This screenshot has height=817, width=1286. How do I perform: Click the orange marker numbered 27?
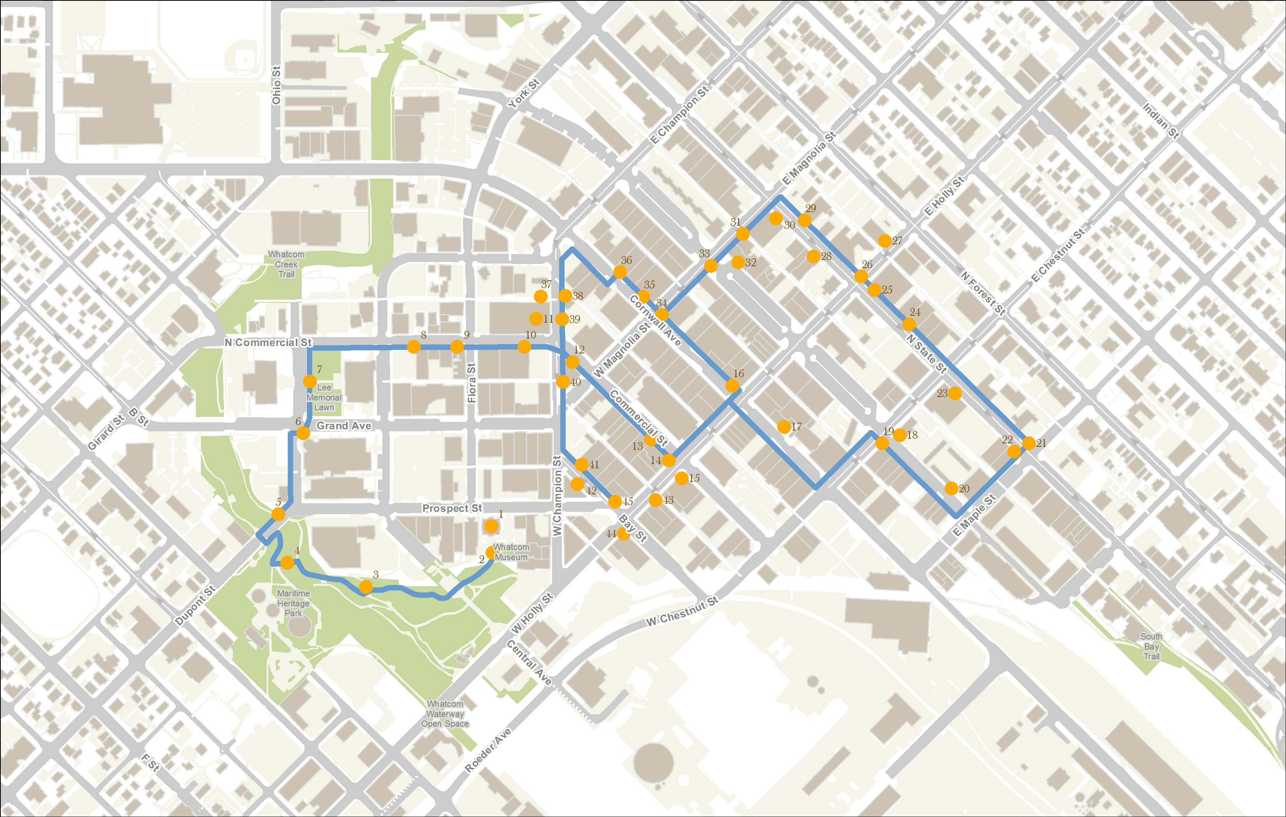tap(884, 241)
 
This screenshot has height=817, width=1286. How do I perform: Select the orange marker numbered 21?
tap(1029, 443)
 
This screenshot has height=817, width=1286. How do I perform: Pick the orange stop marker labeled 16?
tap(733, 386)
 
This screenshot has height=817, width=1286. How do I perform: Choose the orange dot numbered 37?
tap(540, 296)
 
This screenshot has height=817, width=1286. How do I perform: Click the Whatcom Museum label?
tap(511, 552)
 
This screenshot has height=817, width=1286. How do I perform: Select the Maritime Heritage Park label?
tap(293, 603)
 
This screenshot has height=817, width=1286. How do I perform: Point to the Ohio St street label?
tap(276, 86)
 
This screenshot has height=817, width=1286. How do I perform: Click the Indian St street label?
tap(1161, 121)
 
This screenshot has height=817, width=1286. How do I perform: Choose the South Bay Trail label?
tap(1151, 646)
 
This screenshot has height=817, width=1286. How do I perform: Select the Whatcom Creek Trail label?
tap(286, 264)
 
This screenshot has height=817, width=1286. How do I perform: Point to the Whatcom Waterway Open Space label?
tap(445, 714)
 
